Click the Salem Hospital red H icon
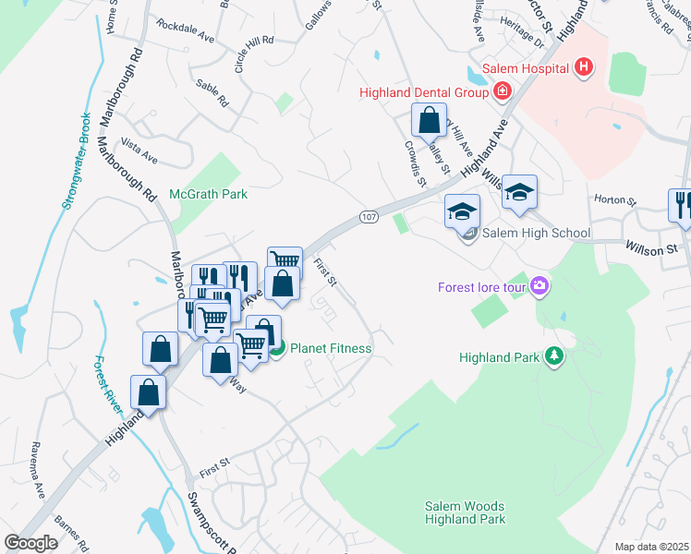(583, 66)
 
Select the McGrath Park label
(209, 194)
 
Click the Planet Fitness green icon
(276, 348)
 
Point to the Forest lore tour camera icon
(540, 286)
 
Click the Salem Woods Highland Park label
(465, 512)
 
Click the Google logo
(30, 543)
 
